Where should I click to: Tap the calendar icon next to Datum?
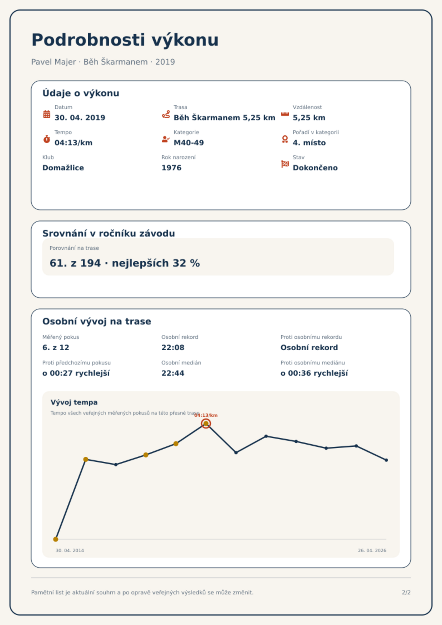(47, 114)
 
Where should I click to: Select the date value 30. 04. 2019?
(80, 118)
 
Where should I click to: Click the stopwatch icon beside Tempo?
(47, 139)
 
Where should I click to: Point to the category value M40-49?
(189, 143)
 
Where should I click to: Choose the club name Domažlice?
(63, 168)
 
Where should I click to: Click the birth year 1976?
(171, 168)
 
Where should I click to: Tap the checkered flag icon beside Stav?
(285, 164)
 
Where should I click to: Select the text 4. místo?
(309, 143)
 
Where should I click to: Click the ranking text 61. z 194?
(75, 263)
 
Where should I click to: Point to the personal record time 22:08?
(173, 348)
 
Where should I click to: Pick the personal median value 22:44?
(173, 373)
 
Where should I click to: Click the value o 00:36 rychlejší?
(314, 373)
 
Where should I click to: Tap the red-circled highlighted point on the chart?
(206, 424)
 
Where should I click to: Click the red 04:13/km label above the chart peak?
(206, 415)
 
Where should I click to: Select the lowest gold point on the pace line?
(56, 539)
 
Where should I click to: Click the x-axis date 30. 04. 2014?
(70, 550)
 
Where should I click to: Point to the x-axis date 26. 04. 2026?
(372, 550)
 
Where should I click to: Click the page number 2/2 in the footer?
(406, 592)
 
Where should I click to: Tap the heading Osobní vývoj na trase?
(97, 321)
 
